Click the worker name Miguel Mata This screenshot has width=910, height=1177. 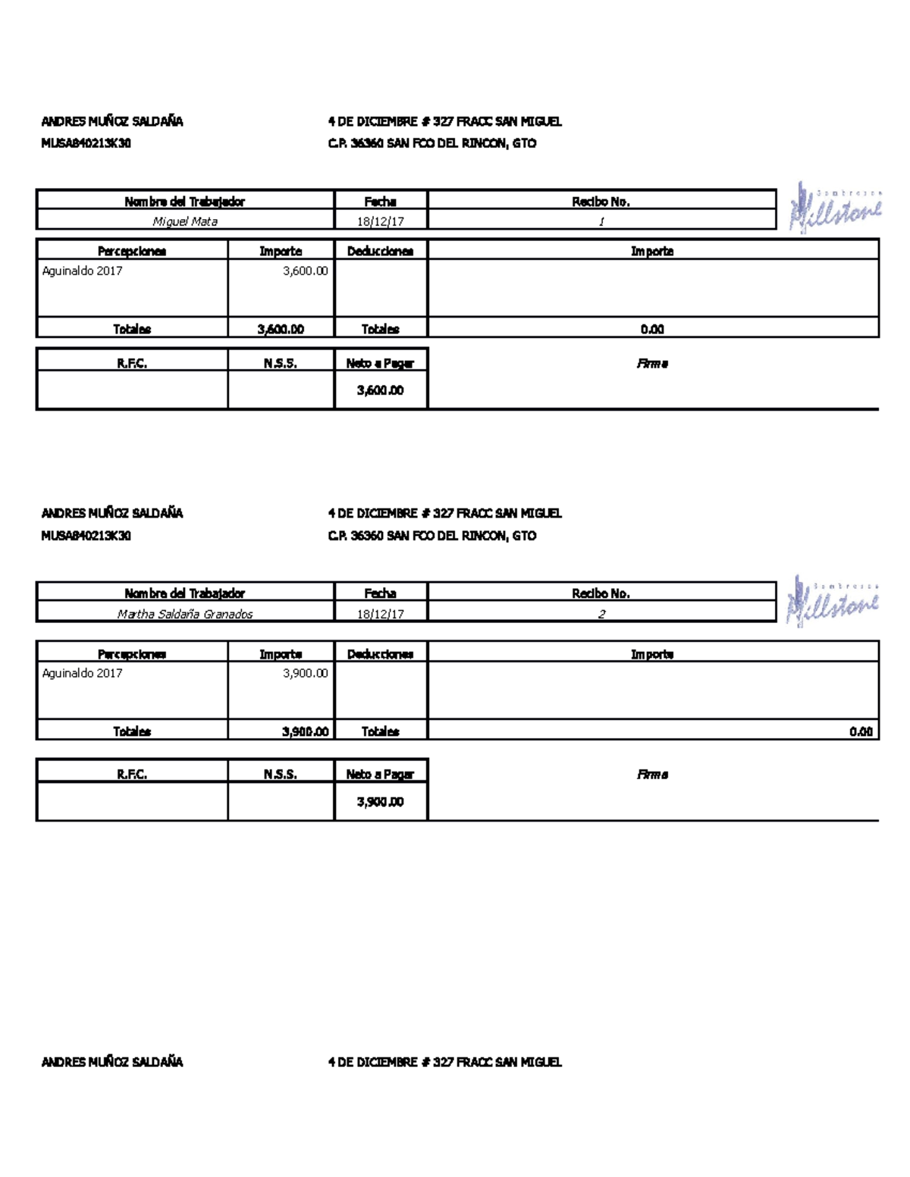coord(185,221)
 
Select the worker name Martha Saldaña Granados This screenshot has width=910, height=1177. coord(185,614)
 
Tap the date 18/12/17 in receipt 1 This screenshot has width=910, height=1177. coord(381,221)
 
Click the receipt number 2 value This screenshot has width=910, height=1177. coord(601,614)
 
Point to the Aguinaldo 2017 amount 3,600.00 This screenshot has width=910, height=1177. coord(305,271)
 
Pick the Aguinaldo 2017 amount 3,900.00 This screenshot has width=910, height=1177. coord(305,673)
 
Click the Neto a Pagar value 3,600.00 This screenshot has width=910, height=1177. coord(380,390)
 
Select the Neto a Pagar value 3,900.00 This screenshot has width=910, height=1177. coord(380,802)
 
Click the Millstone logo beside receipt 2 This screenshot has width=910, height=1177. coord(833,600)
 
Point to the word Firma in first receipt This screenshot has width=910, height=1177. coord(652,364)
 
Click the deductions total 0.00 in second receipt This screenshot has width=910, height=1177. coord(861,731)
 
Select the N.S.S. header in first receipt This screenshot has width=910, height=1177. coord(280,364)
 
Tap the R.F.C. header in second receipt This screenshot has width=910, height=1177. coord(132,775)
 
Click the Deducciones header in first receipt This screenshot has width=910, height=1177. coord(380,251)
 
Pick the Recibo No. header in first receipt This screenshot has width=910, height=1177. coord(601,202)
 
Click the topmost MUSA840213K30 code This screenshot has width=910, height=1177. coord(86,143)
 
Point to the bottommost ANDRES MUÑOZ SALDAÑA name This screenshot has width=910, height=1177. coord(112,1062)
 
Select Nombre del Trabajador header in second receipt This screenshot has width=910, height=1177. coord(185,593)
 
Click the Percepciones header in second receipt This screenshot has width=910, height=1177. coord(132,654)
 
